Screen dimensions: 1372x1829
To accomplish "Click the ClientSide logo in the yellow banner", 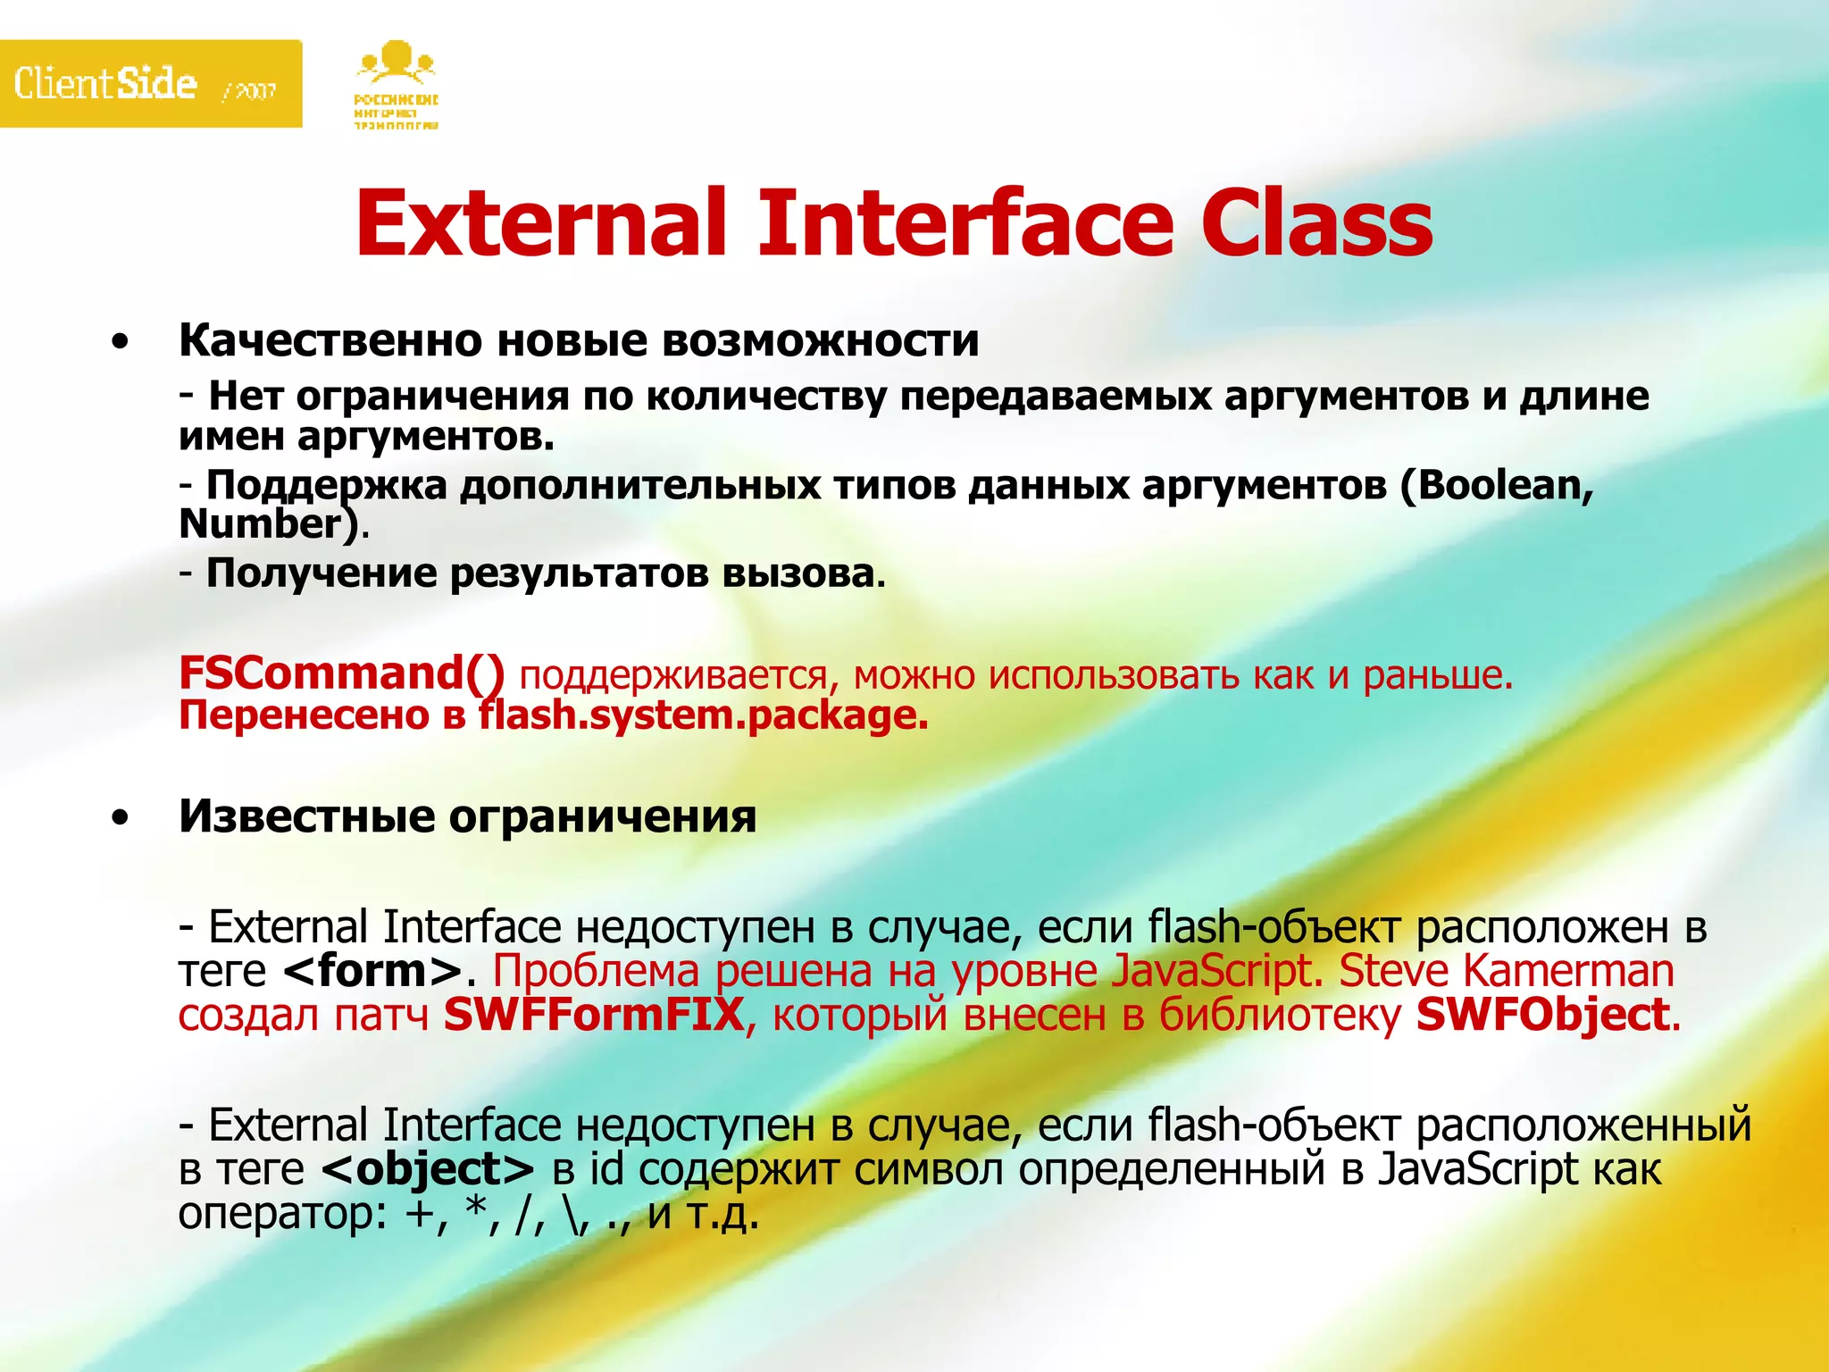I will point(105,84).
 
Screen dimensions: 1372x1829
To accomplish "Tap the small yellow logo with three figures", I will point(396,85).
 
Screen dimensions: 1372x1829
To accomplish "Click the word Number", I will point(262,524).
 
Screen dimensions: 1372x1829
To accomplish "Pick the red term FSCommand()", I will point(342,673).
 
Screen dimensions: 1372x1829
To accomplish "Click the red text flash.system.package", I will point(703,715).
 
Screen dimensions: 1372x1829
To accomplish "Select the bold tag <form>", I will point(372,971).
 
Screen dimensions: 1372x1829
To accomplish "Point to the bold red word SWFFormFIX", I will point(594,1015).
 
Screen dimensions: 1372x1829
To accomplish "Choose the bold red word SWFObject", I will point(1543,1015).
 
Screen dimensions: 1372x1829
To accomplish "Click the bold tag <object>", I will point(428,1169).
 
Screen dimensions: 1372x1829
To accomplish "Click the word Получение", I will point(322,573).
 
